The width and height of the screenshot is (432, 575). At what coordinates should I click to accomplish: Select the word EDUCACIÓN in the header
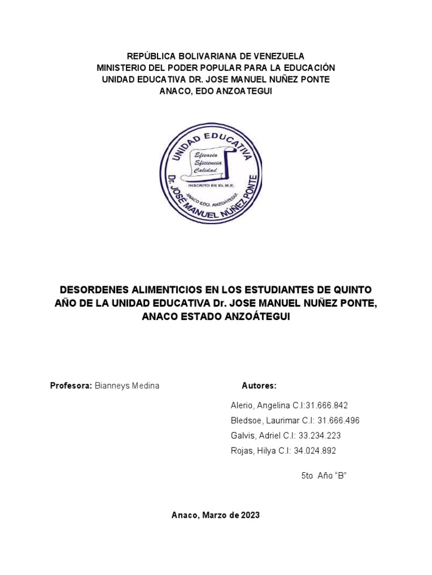coord(308,67)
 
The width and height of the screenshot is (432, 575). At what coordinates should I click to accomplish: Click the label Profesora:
coord(71,386)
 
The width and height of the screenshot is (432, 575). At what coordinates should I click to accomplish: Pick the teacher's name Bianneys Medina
coord(127,386)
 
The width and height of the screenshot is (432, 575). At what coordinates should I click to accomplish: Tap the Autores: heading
coord(259,386)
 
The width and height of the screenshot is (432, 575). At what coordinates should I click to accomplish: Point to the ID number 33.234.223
coord(320,436)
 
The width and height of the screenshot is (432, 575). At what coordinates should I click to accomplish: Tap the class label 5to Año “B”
coord(324,476)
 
